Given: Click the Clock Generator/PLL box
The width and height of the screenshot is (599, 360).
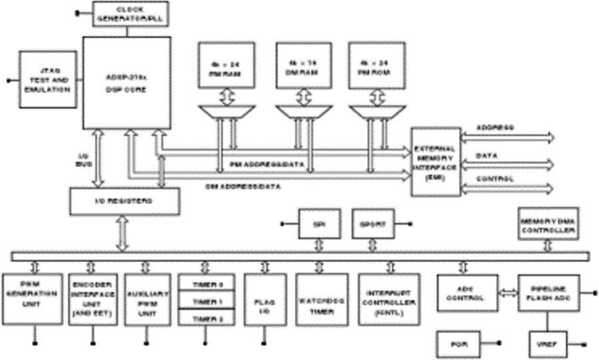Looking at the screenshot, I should [x=130, y=13].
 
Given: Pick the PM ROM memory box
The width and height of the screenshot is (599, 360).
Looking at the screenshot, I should [x=377, y=65].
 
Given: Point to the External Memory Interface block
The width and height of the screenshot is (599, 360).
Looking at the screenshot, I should [x=435, y=162].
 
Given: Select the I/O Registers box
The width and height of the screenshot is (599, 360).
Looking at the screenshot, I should [x=124, y=201].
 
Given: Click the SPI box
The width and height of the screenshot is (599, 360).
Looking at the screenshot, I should [x=318, y=224].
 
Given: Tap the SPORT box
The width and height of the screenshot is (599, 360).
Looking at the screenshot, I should [x=372, y=224].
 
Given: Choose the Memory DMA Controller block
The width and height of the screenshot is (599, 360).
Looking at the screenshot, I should [x=547, y=224].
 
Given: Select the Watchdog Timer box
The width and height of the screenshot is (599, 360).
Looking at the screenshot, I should [x=319, y=299].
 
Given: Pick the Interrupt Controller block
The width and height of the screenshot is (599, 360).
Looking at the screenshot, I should [x=389, y=299].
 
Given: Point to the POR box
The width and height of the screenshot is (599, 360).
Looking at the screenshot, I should [x=456, y=343].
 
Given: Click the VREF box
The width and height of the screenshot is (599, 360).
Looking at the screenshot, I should [x=546, y=344].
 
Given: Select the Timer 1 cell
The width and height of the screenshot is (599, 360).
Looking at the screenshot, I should [x=207, y=301].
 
